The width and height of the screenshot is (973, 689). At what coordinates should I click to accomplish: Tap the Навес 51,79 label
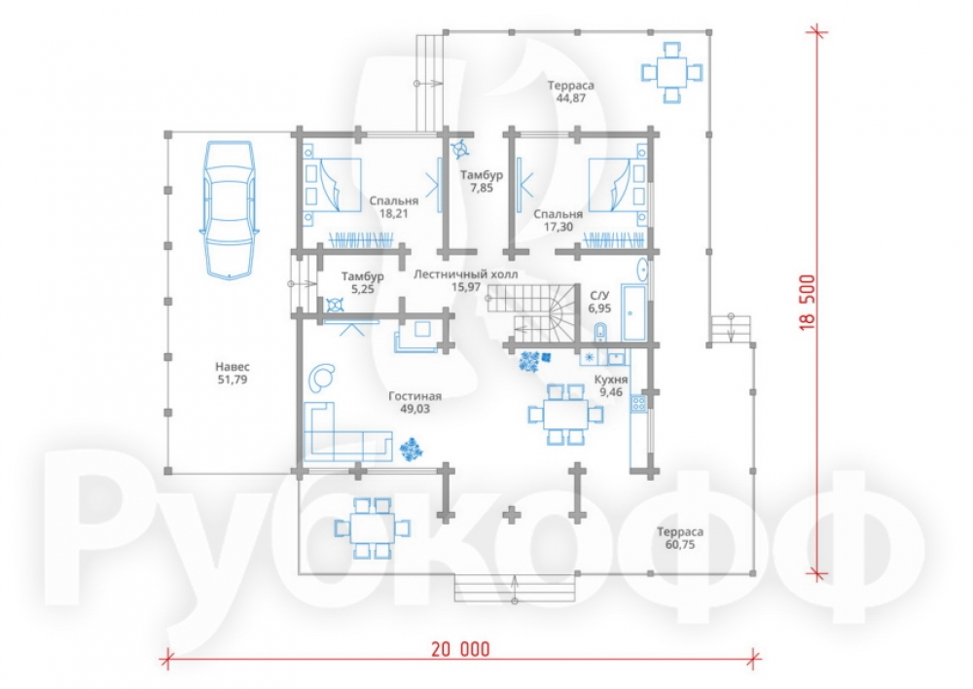(233, 373)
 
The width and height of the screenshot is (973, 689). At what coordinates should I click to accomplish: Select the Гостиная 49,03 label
(415, 402)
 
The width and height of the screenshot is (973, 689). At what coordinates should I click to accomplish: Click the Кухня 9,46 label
(611, 385)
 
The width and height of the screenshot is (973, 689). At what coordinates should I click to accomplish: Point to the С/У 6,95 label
(599, 302)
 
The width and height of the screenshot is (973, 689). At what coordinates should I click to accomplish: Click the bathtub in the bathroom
(633, 313)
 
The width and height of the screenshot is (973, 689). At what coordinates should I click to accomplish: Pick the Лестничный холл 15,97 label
(465, 280)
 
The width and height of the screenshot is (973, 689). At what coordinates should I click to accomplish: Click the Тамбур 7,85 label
(481, 181)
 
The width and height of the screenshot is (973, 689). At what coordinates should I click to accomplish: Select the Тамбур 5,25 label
(362, 282)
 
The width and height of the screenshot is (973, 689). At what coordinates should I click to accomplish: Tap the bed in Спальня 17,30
(617, 185)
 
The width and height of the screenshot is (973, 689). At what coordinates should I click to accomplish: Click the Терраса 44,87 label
(571, 91)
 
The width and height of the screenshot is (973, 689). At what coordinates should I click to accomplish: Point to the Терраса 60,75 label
(680, 538)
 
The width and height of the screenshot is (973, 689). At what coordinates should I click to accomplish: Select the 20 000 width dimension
(460, 650)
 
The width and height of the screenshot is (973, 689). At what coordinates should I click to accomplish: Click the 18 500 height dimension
(808, 303)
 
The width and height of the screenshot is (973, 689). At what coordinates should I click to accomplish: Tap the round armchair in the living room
(323, 377)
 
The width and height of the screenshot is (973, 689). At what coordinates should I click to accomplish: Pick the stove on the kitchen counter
(638, 404)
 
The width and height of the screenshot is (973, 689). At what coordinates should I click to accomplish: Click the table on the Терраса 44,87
(672, 72)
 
